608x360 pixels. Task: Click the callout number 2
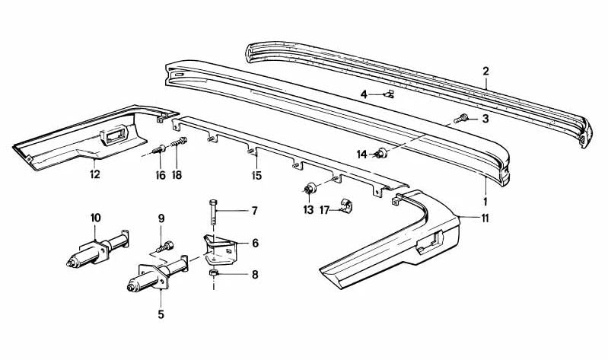click(x=485, y=72)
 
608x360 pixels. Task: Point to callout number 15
click(x=256, y=176)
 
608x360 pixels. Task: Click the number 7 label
click(x=254, y=211)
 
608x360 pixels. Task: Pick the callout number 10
click(x=95, y=218)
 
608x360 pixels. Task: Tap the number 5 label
click(x=161, y=313)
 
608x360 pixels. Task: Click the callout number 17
click(x=324, y=210)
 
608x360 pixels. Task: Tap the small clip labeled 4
click(x=389, y=95)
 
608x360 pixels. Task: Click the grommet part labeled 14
click(x=382, y=155)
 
